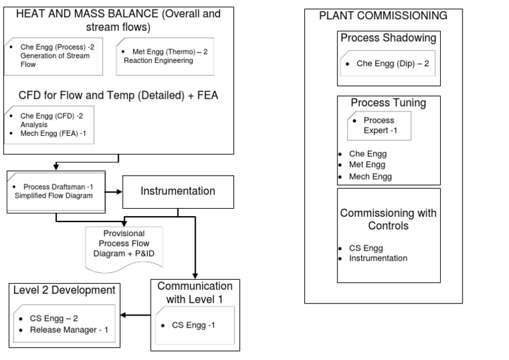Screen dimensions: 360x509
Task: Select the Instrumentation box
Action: [x=178, y=192]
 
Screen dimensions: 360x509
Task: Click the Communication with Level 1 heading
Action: [x=196, y=292]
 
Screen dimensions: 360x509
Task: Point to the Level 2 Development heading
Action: [x=65, y=290]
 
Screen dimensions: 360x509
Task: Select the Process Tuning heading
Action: [x=388, y=103]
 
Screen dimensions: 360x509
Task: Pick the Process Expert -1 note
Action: [x=379, y=125]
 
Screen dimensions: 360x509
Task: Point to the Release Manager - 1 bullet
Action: [x=69, y=330]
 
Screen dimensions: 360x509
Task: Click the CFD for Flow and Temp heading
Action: [x=118, y=95]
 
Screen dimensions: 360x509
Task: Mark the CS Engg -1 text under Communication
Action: [x=193, y=325]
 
